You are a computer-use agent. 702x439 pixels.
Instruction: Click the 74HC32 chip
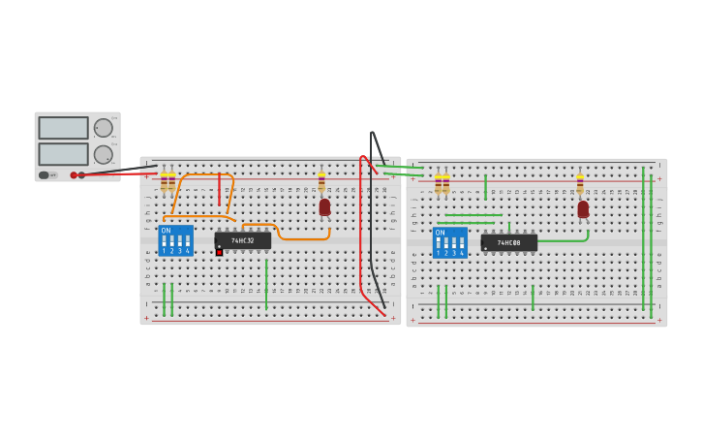242,240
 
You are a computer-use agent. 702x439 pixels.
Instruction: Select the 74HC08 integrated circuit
508,242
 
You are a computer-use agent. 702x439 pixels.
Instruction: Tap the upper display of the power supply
63,128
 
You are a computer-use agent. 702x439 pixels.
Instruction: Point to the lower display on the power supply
63,154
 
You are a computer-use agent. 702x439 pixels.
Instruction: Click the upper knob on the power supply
103,128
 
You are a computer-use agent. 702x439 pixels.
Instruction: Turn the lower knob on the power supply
103,154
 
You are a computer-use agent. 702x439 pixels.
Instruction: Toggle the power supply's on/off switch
47,175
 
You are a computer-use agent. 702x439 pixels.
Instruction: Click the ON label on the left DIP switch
166,230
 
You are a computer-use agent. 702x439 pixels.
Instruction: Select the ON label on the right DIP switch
441,233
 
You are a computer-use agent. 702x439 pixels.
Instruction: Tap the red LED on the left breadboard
324,206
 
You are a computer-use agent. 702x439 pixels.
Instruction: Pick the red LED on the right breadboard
583,208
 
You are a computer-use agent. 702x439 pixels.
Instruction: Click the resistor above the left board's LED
321,182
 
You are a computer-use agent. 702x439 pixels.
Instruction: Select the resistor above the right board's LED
580,183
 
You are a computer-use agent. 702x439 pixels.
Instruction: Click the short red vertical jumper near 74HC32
220,190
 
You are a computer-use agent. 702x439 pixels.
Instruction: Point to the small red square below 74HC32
219,252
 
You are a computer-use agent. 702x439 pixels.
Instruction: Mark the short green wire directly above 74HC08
508,228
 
